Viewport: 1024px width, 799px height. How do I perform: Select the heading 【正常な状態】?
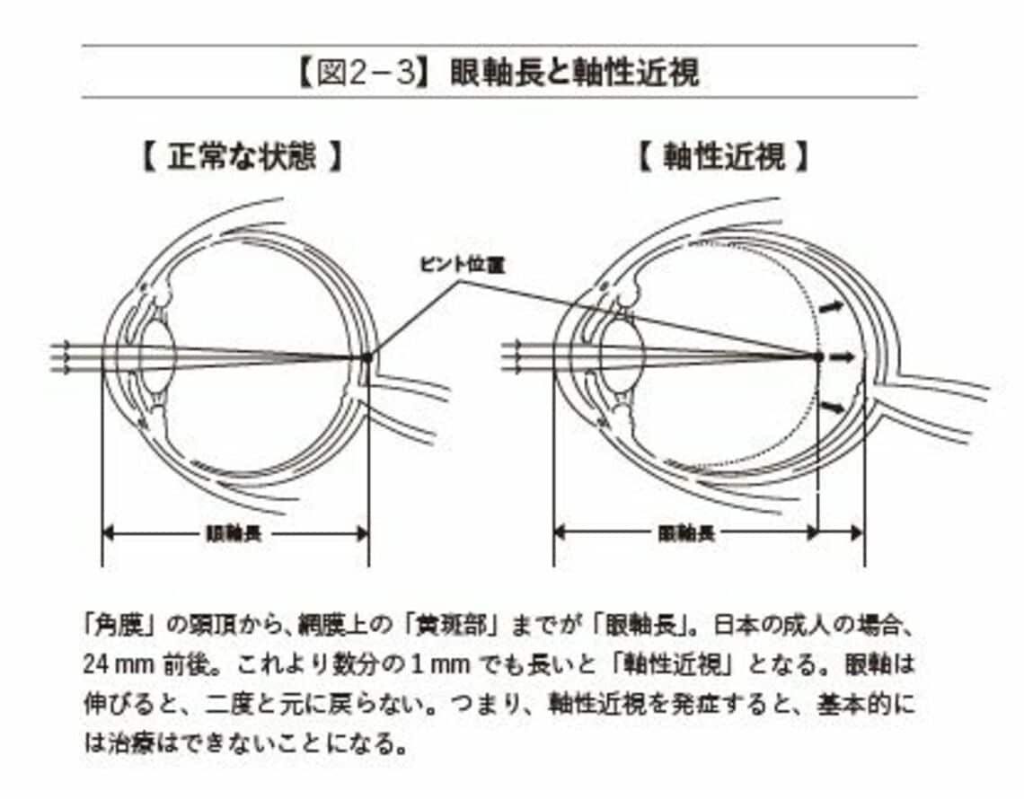[x=243, y=158]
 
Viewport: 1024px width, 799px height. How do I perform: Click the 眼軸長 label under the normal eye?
[x=234, y=534]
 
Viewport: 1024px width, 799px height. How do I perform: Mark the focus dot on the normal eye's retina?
[x=366, y=357]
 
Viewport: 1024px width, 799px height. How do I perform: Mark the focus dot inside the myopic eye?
[x=817, y=356]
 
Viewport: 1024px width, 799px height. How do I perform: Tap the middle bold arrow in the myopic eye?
[x=842, y=356]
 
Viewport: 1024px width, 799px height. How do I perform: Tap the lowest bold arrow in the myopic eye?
[x=834, y=408]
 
